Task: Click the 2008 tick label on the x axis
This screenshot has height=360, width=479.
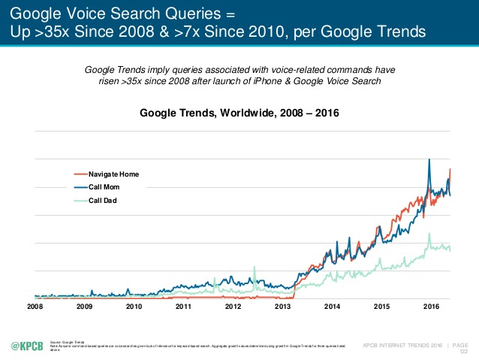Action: pyautogui.click(x=35, y=307)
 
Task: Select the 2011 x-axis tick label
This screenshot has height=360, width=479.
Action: pyautogui.click(x=184, y=307)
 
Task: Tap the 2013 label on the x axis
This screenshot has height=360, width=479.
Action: pyautogui.click(x=282, y=307)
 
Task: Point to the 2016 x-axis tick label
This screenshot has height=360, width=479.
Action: pyautogui.click(x=431, y=307)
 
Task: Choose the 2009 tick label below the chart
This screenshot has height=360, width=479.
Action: pyautogui.click(x=85, y=307)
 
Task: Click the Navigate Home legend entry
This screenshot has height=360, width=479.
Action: pyautogui.click(x=113, y=174)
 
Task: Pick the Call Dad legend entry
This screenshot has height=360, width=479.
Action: pyautogui.click(x=102, y=201)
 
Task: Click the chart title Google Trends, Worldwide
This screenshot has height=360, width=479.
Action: pyautogui.click(x=239, y=113)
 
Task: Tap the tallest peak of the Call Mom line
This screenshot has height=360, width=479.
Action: pyautogui.click(x=429, y=159)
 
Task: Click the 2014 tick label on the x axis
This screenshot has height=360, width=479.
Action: pyautogui.click(x=332, y=307)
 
